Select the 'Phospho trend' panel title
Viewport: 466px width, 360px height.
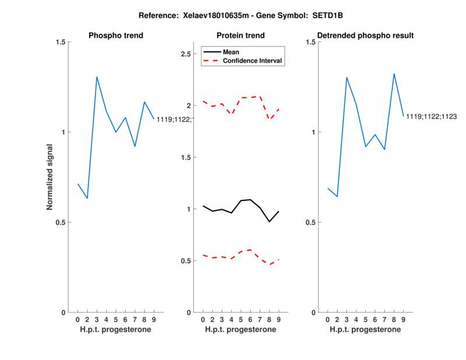116,36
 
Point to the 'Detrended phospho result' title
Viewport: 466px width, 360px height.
365,36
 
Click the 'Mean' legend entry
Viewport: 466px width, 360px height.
231,52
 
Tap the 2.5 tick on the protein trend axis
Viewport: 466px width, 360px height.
186,54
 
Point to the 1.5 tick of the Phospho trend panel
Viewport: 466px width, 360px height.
61,42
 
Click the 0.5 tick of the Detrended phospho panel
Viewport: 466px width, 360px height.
310,222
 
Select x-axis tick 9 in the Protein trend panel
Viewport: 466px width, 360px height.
279,319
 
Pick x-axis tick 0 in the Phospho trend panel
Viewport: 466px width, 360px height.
77,319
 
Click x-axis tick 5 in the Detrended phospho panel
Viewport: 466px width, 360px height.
366,319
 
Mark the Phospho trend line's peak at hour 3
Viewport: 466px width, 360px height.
97,77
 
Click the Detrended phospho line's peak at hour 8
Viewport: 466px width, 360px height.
394,74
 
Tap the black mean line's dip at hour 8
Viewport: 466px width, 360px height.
270,221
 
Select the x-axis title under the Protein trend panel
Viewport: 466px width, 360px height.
241,330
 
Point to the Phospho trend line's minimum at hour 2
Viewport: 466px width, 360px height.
87,199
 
